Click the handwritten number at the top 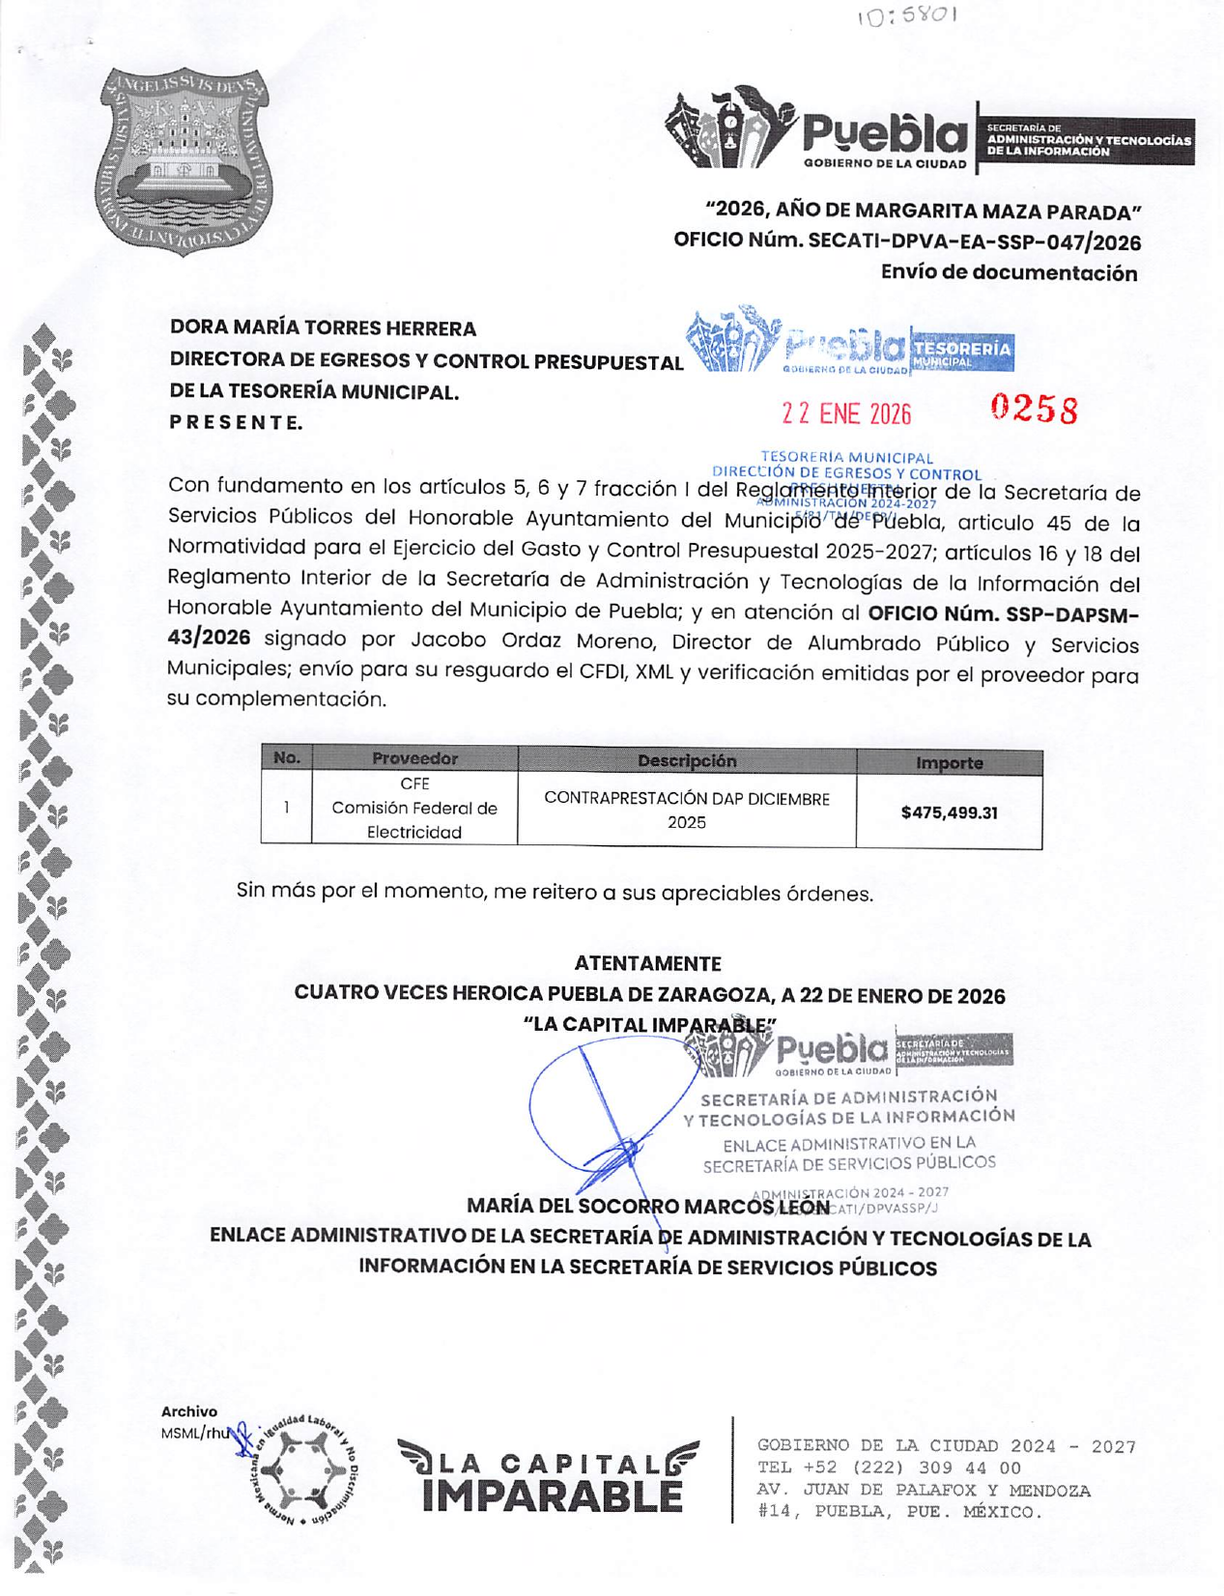click(906, 16)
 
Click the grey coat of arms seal click(184, 160)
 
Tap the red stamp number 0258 click(1034, 410)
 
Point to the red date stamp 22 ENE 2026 click(846, 414)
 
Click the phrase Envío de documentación click(1009, 273)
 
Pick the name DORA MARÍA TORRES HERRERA click(323, 328)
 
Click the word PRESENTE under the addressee click(236, 422)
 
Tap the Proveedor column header click(414, 759)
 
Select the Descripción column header click(687, 761)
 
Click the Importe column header click(949, 763)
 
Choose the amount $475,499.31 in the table click(949, 812)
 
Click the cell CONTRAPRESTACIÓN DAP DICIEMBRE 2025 click(687, 811)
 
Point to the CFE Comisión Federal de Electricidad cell click(414, 808)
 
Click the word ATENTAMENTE click(647, 963)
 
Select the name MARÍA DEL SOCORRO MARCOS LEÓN click(647, 1206)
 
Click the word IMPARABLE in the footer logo click(552, 1495)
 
